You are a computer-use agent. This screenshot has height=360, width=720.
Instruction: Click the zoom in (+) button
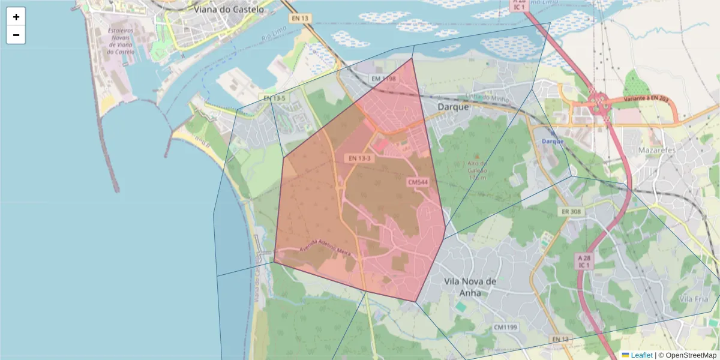pos(16,17)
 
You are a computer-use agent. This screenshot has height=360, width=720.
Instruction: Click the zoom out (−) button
pos(16,35)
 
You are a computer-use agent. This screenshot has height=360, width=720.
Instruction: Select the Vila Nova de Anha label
pos(470,286)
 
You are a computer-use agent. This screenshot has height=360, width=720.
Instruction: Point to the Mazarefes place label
pos(657,149)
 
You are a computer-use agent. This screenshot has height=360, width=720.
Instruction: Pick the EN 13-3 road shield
pos(359,158)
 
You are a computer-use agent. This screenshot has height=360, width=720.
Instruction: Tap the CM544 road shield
pos(418,181)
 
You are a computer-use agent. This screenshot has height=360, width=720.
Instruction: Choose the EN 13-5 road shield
pos(274,98)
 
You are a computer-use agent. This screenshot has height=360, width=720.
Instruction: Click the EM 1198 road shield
pos(383,79)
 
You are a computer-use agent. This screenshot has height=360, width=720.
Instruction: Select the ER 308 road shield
pos(571,212)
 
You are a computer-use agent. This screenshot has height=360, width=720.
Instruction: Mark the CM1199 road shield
pos(506,328)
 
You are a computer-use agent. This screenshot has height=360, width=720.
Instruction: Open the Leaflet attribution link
pos(641,355)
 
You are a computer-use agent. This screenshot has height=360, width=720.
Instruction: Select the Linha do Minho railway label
pos(487,98)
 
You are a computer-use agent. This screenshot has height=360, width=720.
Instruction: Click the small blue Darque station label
pos(553,141)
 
